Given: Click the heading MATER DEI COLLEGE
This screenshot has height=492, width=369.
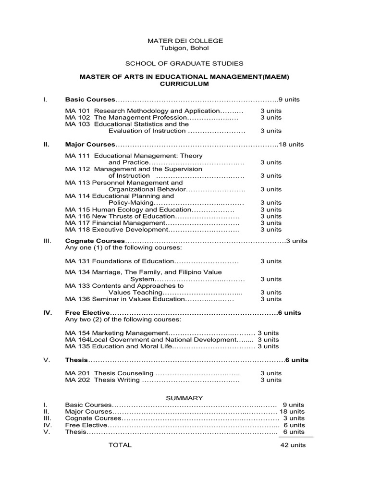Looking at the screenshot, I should point(185,41).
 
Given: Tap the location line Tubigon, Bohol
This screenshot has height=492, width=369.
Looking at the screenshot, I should point(185,48).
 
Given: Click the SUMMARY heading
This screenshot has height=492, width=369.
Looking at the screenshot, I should point(184,398).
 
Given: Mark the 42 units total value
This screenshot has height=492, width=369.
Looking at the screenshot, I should point(293,445).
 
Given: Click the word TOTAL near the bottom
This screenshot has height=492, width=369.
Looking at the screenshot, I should point(120,445).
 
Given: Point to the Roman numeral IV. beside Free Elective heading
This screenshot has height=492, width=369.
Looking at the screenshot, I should point(48,313).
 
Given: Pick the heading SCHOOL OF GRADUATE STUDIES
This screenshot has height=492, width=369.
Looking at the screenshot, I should point(184,63).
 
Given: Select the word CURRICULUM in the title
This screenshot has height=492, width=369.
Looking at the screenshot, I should point(184,84).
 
